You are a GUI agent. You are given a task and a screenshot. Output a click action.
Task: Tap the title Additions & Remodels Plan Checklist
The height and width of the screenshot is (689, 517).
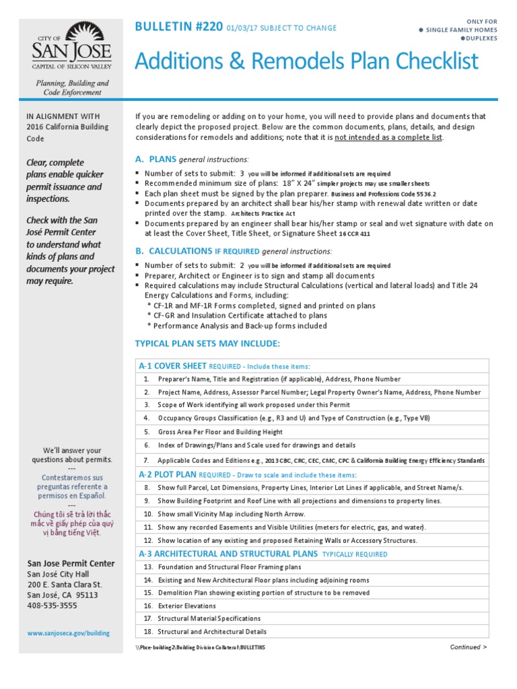(x=306, y=61)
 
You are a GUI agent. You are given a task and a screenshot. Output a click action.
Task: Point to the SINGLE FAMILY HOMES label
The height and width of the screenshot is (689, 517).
(x=461, y=30)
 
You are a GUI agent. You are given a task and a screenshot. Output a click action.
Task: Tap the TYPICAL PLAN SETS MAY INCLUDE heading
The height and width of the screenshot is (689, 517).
(x=207, y=344)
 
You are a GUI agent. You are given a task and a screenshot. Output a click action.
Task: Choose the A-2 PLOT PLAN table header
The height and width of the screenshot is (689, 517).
(x=169, y=474)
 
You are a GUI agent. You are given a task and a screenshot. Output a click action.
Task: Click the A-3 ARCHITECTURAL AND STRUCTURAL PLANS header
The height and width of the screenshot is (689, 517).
(x=228, y=554)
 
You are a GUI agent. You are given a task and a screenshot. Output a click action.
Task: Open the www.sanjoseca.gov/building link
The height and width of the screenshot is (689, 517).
(x=68, y=633)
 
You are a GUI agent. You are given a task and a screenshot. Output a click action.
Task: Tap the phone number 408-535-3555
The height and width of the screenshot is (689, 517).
(x=52, y=606)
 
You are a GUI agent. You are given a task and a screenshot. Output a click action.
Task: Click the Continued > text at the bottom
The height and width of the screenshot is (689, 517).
(x=468, y=647)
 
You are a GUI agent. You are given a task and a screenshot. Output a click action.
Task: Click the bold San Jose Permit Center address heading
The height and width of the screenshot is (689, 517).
(x=71, y=563)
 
